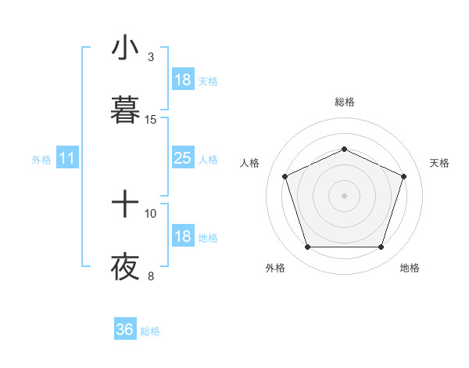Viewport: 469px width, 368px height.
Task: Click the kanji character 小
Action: (125, 49)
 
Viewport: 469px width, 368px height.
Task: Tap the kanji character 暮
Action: (125, 110)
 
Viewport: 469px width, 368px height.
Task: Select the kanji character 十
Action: (125, 206)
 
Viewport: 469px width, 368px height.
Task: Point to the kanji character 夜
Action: (125, 267)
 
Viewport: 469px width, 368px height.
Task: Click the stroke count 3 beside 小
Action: (150, 57)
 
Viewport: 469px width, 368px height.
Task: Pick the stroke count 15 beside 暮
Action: (151, 120)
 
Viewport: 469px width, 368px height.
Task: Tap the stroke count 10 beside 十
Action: (151, 213)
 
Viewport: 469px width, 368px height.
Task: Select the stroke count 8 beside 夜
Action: (150, 276)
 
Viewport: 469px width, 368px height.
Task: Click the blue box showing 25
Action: (182, 159)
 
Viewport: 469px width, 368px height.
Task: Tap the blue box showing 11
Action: (67, 159)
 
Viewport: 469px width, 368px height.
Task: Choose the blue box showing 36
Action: (125, 330)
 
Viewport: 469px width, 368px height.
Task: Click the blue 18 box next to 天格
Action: (182, 80)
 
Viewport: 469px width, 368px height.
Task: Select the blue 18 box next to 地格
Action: (182, 237)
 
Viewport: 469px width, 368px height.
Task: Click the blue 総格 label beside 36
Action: (150, 331)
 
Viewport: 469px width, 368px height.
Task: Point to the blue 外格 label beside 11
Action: (41, 160)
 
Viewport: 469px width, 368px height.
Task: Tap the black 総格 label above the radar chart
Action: (344, 102)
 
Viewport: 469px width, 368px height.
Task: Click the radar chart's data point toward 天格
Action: (404, 176)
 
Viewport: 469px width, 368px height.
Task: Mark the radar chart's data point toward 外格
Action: (307, 247)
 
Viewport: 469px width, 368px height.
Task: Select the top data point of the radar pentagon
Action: (344, 148)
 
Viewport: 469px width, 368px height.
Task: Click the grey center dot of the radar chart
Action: (344, 196)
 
